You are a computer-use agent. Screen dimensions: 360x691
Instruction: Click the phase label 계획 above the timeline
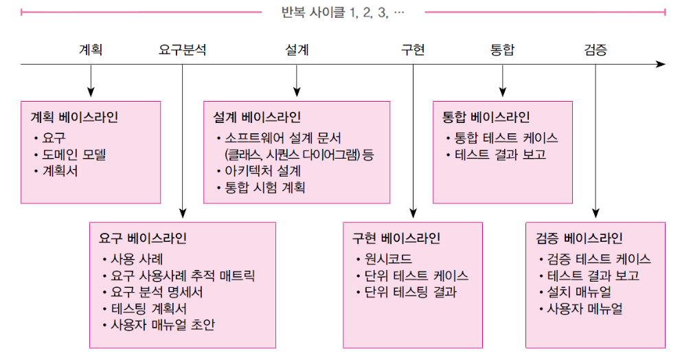point(91,49)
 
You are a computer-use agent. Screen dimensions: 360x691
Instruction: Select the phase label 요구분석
point(182,49)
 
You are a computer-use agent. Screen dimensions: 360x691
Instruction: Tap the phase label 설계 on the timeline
point(297,49)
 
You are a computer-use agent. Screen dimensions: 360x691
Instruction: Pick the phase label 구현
point(413,49)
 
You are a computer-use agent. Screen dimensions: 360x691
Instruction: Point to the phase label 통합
point(502,49)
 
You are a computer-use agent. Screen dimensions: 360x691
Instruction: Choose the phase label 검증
point(596,49)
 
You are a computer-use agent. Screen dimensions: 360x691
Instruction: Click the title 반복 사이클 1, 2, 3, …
point(343,12)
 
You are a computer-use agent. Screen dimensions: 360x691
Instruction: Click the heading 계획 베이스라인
point(75,117)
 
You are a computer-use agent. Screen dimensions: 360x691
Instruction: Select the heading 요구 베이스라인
point(143,238)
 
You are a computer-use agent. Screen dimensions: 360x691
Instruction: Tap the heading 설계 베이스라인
point(257,117)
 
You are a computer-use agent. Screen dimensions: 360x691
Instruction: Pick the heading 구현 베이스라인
point(396,238)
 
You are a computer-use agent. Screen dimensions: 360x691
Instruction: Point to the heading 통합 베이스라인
point(486,117)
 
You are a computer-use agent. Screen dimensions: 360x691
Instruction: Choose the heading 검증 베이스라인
point(579,238)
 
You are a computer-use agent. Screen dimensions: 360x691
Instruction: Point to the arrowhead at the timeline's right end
point(661,64)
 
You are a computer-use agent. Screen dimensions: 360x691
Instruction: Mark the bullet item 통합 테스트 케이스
point(506,137)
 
